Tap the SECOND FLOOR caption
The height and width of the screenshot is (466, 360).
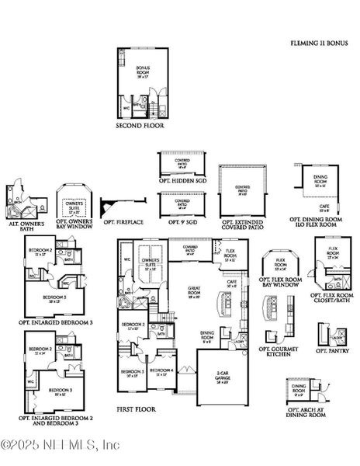click(x=140, y=124)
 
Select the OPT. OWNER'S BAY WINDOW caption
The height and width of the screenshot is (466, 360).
click(x=76, y=225)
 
